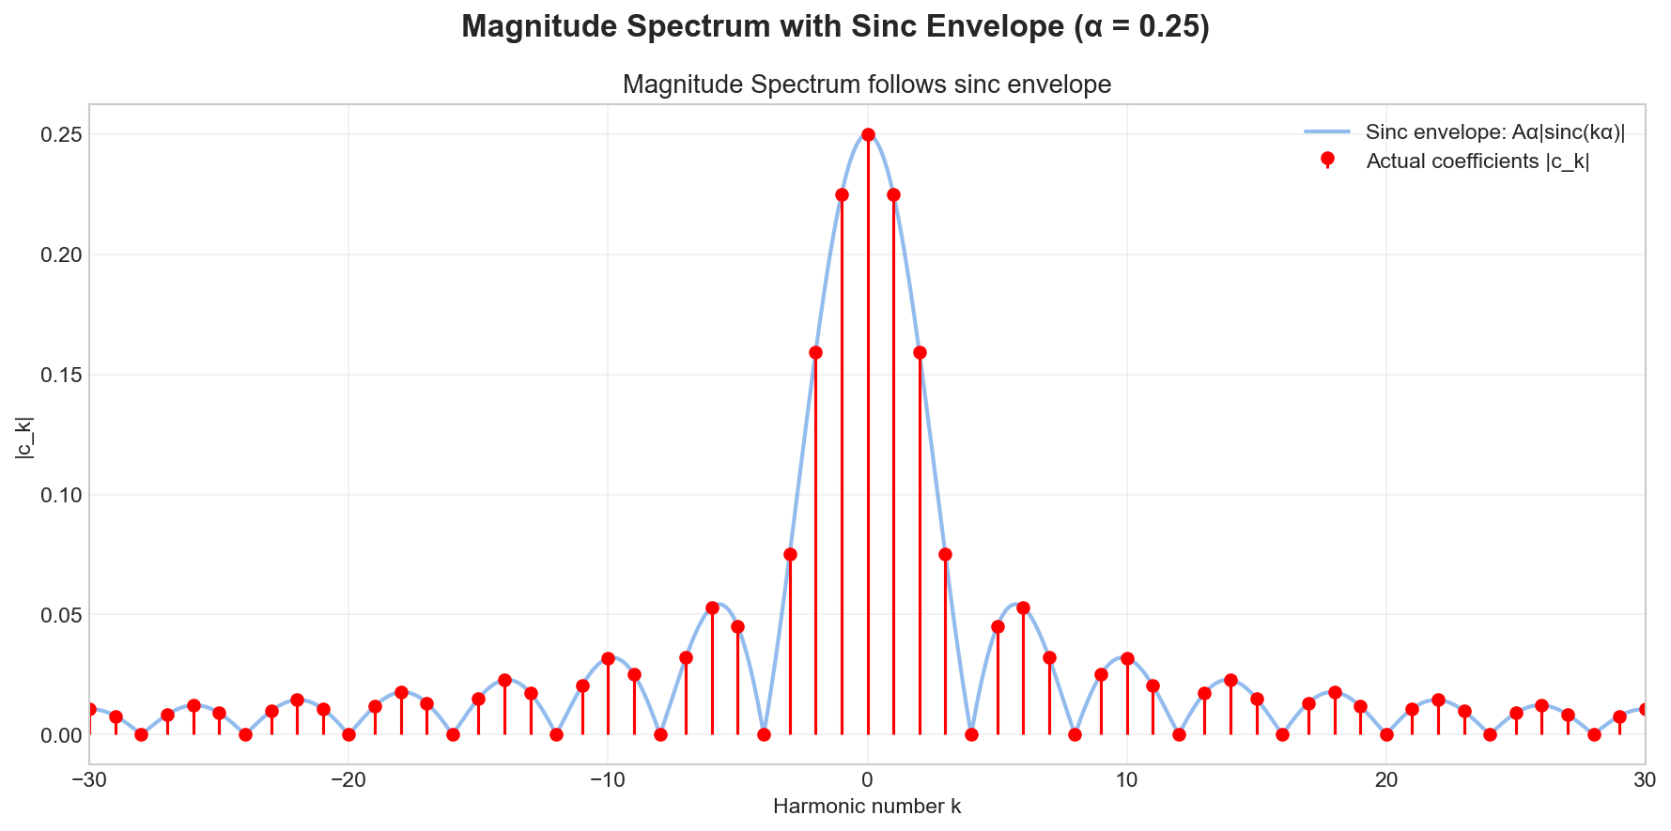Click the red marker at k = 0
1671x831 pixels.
coord(868,134)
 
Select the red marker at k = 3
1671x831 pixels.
coord(946,554)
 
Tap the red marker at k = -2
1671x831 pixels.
coord(815,352)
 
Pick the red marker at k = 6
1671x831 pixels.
coord(1023,608)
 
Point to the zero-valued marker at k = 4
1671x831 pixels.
coord(971,734)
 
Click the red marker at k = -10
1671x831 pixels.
coord(608,658)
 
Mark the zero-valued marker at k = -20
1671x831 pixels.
coord(348,734)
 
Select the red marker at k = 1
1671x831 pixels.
coord(893,194)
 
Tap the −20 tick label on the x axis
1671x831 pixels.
coord(348,780)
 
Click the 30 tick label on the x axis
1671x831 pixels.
coord(1645,780)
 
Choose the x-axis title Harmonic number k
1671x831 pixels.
coord(866,807)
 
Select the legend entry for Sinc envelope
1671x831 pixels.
coord(1494,132)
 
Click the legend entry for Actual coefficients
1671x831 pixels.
coord(1477,162)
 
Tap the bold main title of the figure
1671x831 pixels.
coord(835,26)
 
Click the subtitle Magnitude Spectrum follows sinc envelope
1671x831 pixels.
coord(866,85)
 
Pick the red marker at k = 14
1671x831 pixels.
coord(1230,680)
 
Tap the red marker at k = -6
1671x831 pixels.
coord(712,608)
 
